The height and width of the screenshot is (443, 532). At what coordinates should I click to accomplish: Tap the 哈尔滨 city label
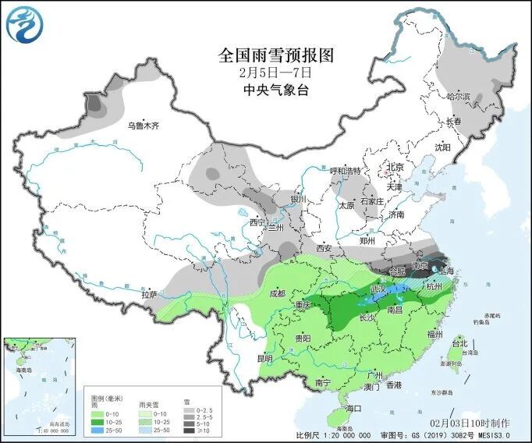(x=458, y=97)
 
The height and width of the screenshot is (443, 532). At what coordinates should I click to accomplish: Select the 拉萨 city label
(x=150, y=294)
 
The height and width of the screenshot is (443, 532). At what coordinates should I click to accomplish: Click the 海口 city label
(x=353, y=408)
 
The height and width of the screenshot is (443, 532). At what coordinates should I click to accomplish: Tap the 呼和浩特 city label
(x=346, y=171)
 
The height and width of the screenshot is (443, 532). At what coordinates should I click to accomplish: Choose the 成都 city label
(x=277, y=293)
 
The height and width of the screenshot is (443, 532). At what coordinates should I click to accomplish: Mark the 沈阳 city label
(x=443, y=147)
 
